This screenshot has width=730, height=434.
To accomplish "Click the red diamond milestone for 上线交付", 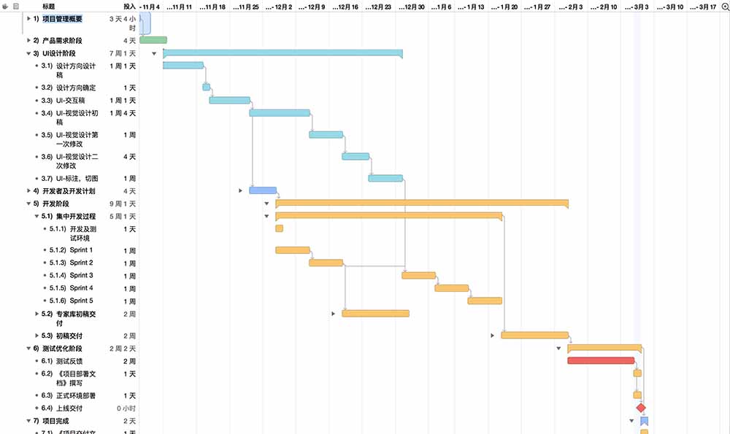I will tap(641, 408).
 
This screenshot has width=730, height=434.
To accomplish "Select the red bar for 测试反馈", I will tap(600, 360).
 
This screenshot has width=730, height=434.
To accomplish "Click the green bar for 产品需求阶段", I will tap(153, 40).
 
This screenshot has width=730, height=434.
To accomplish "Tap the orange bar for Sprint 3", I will tap(418, 275).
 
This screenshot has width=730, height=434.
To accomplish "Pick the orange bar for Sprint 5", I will tap(485, 301).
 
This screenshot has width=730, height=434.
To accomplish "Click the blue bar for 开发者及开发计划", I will tap(263, 190).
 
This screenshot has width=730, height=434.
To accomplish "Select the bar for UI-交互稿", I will tap(229, 100).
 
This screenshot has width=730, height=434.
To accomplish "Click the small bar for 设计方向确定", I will tap(207, 88).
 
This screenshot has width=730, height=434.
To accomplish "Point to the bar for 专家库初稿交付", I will tap(375, 314).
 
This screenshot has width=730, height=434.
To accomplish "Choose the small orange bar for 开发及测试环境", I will tap(279, 228).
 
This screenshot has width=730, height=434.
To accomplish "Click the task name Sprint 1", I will tap(81, 250).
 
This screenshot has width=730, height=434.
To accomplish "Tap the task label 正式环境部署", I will tap(76, 395).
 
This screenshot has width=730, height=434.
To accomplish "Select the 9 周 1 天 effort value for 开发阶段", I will tap(122, 204).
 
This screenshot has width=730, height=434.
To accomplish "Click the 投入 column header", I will tap(129, 6).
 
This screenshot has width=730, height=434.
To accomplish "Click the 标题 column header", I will tap(49, 6).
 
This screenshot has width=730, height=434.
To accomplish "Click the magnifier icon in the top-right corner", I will tap(723, 6).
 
